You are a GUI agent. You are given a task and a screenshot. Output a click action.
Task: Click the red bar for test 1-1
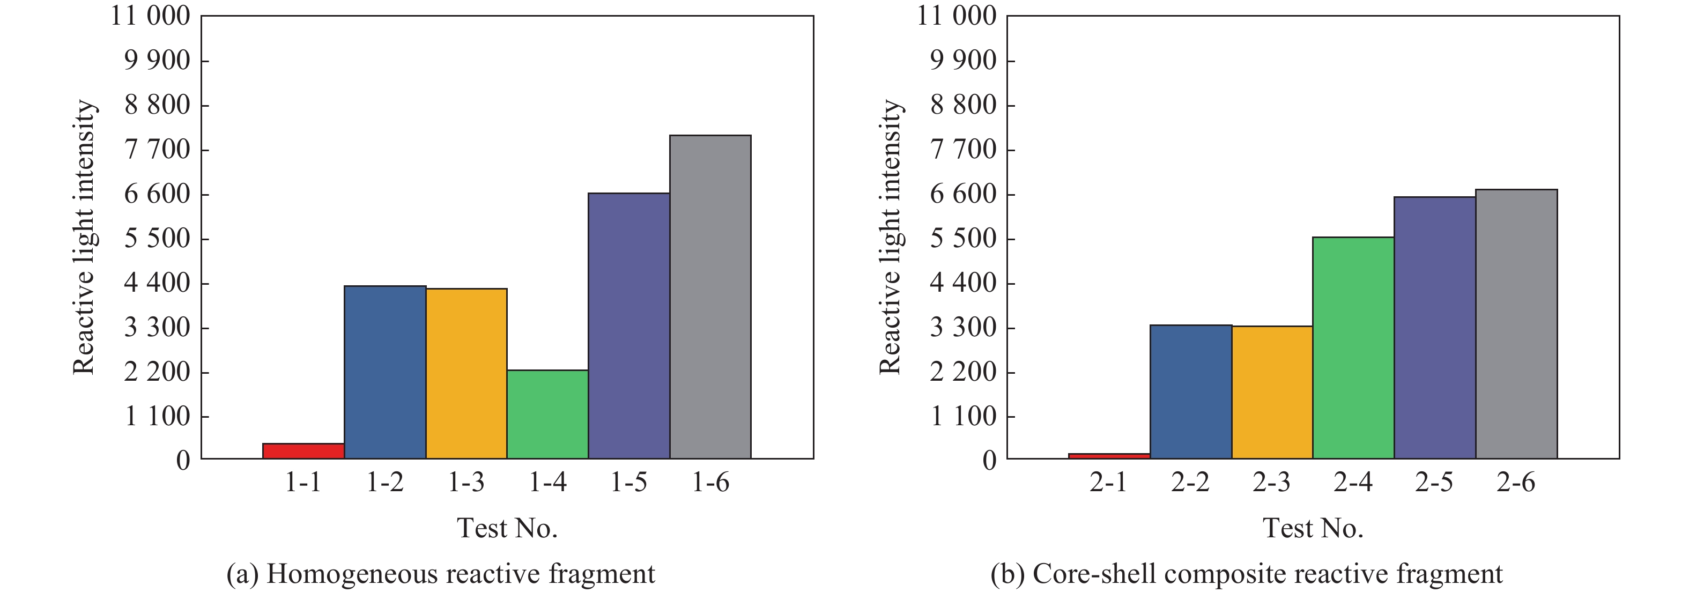pyautogui.click(x=303, y=451)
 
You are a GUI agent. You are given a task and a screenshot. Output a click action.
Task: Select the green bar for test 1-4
pyautogui.click(x=547, y=415)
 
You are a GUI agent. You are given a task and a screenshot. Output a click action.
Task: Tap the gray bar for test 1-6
pyautogui.click(x=710, y=297)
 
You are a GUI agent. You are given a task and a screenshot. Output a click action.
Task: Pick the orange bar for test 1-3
pyautogui.click(x=466, y=373)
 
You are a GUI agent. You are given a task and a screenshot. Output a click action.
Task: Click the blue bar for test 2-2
pyautogui.click(x=1191, y=391)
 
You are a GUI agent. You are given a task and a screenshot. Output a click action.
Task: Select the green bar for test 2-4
pyautogui.click(x=1353, y=347)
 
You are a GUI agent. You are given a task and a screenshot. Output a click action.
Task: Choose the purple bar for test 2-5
pyautogui.click(x=1435, y=327)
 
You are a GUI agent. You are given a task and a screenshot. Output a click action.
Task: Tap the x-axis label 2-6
pyautogui.click(x=1515, y=483)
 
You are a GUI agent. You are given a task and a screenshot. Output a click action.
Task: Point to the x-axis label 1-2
pyautogui.click(x=384, y=483)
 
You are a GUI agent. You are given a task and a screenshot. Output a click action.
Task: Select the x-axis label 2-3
pyautogui.click(x=1271, y=483)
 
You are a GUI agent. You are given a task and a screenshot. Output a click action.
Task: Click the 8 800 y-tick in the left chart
pyautogui.click(x=157, y=105)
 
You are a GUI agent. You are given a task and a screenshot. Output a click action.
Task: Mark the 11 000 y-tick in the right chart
pyautogui.click(x=956, y=16)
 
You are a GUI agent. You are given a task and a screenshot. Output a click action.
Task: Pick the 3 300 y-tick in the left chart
pyautogui.click(x=157, y=327)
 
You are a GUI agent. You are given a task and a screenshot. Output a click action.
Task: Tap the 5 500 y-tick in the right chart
pyautogui.click(x=962, y=239)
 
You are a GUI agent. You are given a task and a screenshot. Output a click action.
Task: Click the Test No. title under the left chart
pyautogui.click(x=507, y=528)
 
